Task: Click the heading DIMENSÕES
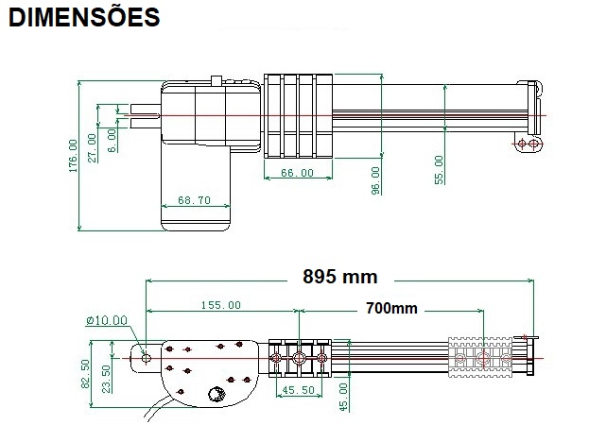coord(84,18)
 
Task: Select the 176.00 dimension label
coord(73,157)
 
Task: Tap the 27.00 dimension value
coord(93,147)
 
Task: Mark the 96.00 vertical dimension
coord(375,180)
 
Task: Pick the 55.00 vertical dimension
coord(439,170)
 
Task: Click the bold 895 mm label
coord(339,277)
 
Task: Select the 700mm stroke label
coord(391,309)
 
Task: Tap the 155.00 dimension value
coord(220,305)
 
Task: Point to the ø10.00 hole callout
coord(106,320)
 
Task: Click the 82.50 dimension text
coord(86,372)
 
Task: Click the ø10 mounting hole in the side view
coord(146,357)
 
